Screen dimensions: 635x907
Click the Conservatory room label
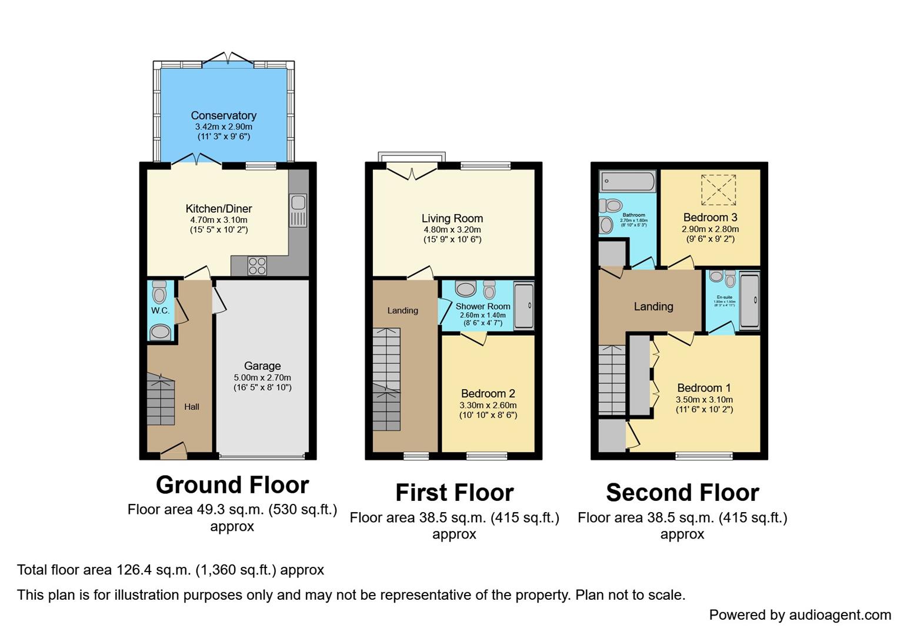(x=224, y=116)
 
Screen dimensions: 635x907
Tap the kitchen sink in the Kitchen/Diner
(x=298, y=209)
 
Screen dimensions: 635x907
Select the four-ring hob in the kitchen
(x=257, y=266)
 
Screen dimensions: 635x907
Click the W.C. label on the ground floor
(x=160, y=310)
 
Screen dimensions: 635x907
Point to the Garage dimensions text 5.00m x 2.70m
(x=262, y=377)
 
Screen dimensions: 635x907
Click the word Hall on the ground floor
(x=192, y=406)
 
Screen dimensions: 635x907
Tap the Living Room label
(x=452, y=219)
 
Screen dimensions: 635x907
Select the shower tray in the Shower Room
(x=523, y=306)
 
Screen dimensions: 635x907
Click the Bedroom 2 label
(x=488, y=393)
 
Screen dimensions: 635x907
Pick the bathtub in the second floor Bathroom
(x=627, y=181)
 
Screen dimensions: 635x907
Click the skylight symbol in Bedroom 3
(x=718, y=190)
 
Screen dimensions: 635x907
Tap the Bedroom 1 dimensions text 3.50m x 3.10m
(x=704, y=399)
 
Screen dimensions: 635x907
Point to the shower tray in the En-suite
(x=749, y=300)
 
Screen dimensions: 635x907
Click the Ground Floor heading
(x=232, y=485)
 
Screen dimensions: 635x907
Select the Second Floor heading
(x=682, y=493)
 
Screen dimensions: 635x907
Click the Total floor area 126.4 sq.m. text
(x=171, y=570)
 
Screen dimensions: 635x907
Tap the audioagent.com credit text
(x=800, y=615)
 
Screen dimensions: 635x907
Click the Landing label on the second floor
(x=653, y=306)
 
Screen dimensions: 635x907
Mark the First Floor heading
(x=454, y=493)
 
